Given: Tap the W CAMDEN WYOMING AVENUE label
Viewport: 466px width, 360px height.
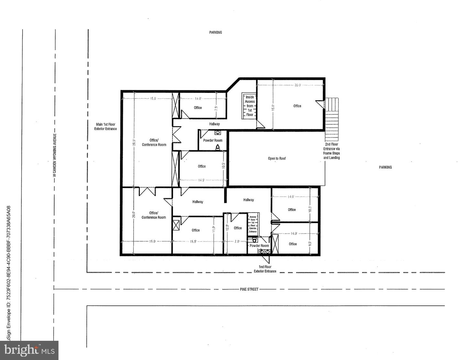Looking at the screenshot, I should [54, 155].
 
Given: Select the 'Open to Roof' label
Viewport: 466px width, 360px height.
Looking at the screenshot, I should [277, 158].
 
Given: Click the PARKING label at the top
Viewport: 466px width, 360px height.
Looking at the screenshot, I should [216, 32].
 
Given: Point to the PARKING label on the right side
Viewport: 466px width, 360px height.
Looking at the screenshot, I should [385, 167].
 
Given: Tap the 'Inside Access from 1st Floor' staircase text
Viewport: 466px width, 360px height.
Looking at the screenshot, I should [250, 106].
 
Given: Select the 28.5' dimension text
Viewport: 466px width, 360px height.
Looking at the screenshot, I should [134, 143].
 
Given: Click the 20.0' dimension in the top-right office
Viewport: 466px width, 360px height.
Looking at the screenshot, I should [297, 85].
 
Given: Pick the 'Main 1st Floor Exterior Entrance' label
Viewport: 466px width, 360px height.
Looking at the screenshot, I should [105, 126].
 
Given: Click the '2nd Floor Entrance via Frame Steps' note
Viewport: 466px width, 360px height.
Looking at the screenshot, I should [331, 151].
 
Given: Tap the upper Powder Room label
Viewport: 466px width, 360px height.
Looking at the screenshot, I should [213, 140].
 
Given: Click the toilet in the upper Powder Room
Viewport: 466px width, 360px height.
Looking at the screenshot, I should [218, 147].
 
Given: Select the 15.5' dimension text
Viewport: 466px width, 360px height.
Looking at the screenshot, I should [193, 241].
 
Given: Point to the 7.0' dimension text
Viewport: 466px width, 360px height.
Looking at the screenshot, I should [237, 241].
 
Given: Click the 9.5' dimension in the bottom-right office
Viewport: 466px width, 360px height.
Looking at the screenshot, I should [310, 244].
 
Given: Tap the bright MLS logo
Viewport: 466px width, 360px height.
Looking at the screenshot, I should [29, 350].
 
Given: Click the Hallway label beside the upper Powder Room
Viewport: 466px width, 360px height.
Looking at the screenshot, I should [214, 124].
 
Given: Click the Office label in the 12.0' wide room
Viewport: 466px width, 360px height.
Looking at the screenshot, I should [238, 228].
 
